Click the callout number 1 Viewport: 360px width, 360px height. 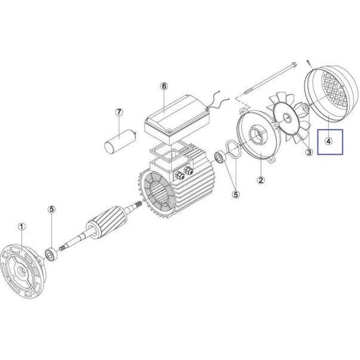click(x=21, y=227)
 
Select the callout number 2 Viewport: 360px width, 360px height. click(x=261, y=180)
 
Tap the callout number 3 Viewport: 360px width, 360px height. click(x=309, y=152)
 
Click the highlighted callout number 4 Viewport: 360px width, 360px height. click(x=329, y=141)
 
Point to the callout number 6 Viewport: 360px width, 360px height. click(x=164, y=87)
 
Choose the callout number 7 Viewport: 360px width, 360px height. click(x=119, y=112)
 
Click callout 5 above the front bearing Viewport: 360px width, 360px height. click(x=52, y=209)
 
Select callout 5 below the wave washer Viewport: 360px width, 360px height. click(x=236, y=195)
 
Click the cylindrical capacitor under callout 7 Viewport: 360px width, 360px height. click(x=119, y=141)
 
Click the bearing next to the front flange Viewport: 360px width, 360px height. click(x=51, y=254)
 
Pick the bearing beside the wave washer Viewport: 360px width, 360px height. click(x=220, y=157)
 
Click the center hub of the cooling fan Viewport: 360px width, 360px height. click(x=287, y=118)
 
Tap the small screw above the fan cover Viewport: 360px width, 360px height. click(x=309, y=64)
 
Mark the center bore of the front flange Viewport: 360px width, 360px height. click(x=23, y=270)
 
